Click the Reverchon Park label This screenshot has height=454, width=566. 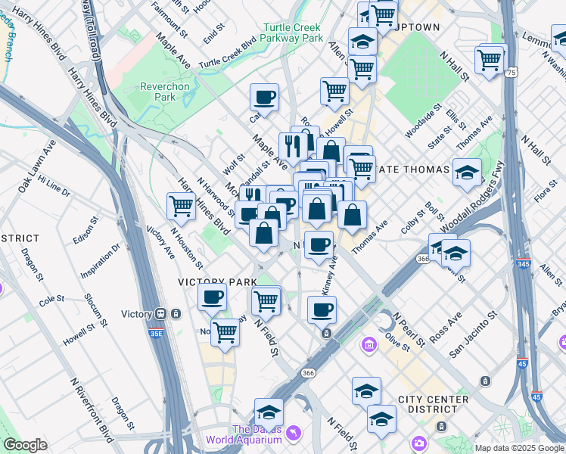point(164,92)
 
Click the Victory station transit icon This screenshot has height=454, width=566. point(160,314)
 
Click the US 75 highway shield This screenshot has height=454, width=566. point(512,72)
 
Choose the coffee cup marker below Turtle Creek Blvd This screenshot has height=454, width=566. point(264,97)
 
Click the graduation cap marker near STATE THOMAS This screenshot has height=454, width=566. point(467,172)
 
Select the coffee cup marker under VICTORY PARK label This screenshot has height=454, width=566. point(213,296)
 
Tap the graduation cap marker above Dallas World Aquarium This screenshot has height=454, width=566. point(269,412)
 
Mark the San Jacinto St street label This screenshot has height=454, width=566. point(474,334)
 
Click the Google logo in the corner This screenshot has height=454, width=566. point(26,445)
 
